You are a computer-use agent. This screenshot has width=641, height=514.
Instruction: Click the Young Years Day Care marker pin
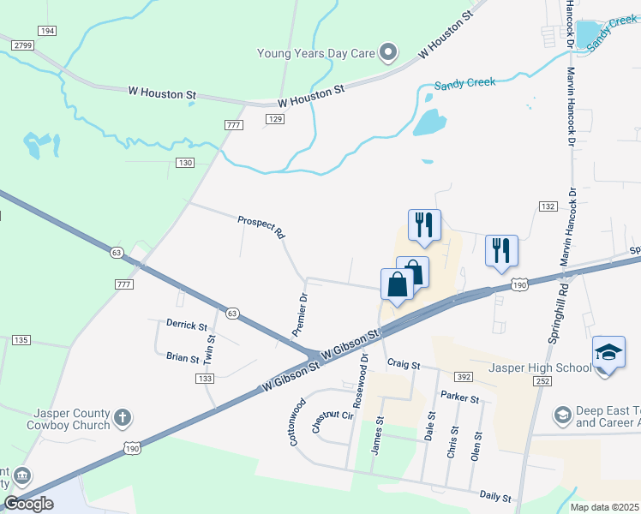388,53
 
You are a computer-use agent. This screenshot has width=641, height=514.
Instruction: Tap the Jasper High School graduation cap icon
607,352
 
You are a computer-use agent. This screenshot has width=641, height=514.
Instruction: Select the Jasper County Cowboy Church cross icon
123,417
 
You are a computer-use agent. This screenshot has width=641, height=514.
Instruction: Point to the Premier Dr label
299,314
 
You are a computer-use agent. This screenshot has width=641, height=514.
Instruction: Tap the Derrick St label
187,326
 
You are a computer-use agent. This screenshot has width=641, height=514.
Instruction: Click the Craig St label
403,365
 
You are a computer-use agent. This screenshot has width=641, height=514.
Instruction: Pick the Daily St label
495,497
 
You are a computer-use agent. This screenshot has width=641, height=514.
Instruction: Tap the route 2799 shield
22,44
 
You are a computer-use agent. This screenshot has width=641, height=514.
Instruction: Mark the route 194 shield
46,31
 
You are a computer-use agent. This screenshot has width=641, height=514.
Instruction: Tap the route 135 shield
21,340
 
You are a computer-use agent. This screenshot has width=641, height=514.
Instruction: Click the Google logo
28,504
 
